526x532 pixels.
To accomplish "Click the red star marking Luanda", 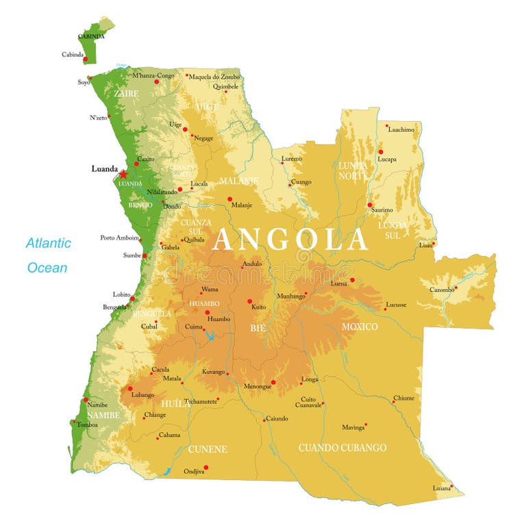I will click(x=123, y=175).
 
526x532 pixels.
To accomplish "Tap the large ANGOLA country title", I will click(x=290, y=240).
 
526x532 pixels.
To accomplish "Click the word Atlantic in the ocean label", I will click(x=48, y=243).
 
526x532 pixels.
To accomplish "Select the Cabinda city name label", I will click(x=73, y=54).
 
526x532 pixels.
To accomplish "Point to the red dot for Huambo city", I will click(x=208, y=312).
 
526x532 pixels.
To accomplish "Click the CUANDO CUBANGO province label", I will click(x=342, y=448).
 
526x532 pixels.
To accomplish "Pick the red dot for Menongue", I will click(x=273, y=382).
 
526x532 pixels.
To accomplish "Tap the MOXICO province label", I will click(x=360, y=327).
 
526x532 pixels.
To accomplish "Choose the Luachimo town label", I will click(x=401, y=129).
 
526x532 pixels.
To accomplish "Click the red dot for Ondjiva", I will click(x=206, y=468).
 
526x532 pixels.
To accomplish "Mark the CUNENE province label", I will click(x=208, y=449).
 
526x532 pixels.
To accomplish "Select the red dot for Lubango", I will click(x=130, y=388).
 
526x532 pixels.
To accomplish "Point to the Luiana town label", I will click(x=442, y=488).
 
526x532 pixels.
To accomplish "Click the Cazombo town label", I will click(x=442, y=290).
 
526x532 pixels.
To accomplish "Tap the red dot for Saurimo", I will click(x=370, y=205).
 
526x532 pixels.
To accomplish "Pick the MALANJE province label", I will click(x=238, y=181).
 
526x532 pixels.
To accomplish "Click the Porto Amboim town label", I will click(x=119, y=238).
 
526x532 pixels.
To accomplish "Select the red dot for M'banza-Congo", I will click(x=156, y=81).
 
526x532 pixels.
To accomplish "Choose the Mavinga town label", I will click(x=353, y=427).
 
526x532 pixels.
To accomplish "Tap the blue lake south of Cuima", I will click(x=210, y=335).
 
